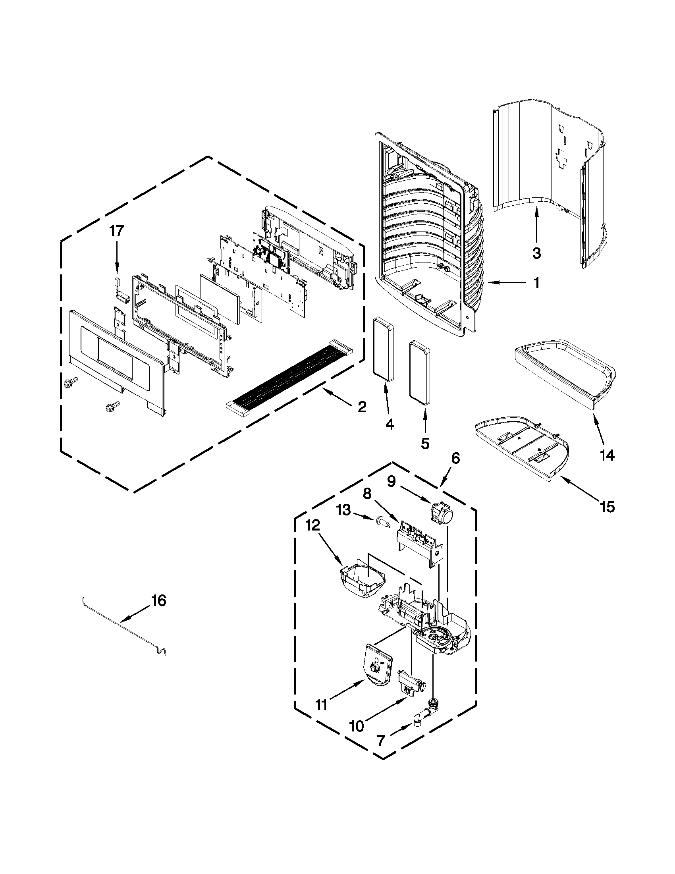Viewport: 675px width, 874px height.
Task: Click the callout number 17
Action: click(x=117, y=231)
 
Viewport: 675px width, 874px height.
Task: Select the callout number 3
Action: click(x=536, y=253)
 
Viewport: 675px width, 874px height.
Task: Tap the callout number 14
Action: click(x=607, y=455)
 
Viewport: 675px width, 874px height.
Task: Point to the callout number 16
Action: click(x=158, y=612)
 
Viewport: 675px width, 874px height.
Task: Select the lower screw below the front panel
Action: click(x=109, y=408)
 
